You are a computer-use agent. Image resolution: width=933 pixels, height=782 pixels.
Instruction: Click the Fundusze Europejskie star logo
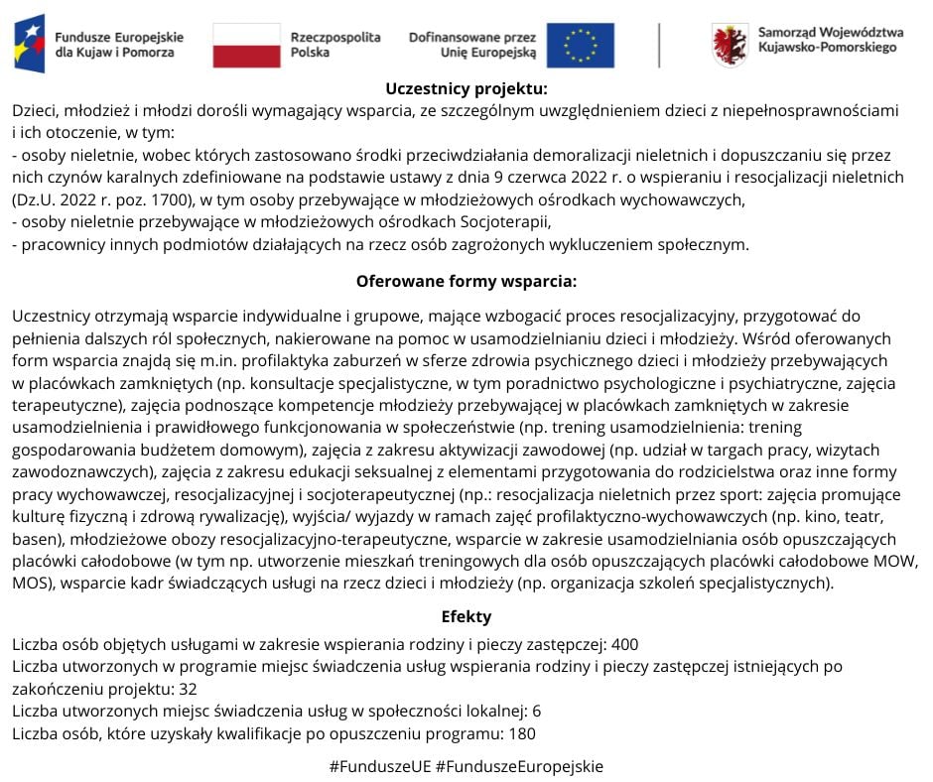coord(30,44)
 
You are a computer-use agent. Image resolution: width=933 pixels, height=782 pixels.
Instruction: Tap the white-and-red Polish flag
coord(246,45)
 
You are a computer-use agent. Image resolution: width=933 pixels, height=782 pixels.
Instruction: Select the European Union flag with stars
coord(581,45)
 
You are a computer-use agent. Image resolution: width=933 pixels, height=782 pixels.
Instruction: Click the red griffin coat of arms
coord(730,45)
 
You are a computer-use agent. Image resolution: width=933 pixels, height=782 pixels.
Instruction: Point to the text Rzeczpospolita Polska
coord(335,45)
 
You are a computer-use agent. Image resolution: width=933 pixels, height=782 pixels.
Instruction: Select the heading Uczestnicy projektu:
coord(466,88)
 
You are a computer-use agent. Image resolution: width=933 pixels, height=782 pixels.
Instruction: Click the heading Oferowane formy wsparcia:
coord(466,281)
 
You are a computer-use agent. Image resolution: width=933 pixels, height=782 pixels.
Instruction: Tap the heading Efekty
coord(466,616)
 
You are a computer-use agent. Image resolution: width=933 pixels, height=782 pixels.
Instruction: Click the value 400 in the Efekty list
coord(625,643)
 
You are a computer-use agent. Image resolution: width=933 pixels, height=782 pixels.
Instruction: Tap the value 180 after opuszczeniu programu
coord(521,733)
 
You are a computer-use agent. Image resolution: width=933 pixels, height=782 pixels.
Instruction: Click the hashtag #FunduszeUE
coord(379,766)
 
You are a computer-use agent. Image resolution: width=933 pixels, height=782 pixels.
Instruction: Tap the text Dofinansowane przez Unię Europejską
coord(472,45)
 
